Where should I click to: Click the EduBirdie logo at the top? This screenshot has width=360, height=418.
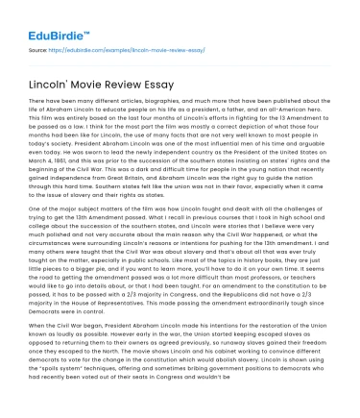point(48,17)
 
